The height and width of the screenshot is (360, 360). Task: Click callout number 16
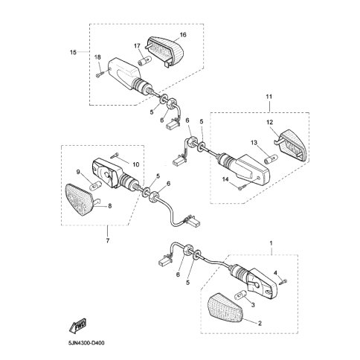(x=183, y=35)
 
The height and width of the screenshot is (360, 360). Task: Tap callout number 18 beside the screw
(x=97, y=58)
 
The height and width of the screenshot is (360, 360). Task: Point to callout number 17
(x=137, y=45)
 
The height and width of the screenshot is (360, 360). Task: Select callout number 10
(x=135, y=164)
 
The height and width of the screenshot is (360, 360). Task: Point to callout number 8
(x=110, y=206)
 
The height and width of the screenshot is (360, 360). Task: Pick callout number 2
(x=260, y=323)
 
